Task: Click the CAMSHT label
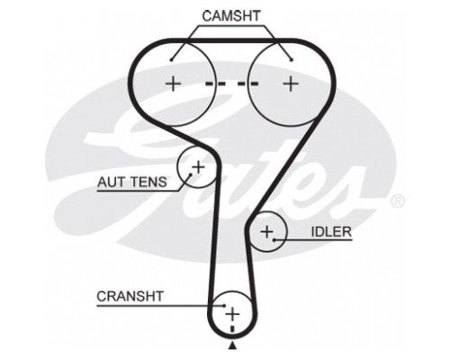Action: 231,16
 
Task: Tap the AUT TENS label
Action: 132,182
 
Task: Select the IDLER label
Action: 331,232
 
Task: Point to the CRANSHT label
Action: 130,296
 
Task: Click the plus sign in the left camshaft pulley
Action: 174,84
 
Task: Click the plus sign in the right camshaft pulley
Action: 291,84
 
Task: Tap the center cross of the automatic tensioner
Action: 198,166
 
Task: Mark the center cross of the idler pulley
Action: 266,231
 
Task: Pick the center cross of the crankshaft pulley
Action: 232,314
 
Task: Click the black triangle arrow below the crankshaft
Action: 232,346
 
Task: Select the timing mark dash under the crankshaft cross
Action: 232,328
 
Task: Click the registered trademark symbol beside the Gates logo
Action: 398,202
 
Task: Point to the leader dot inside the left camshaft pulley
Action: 171,60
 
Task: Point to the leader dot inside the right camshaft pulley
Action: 292,60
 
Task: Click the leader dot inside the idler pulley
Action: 274,239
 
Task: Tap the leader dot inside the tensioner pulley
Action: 190,174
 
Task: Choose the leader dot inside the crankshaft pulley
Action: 224,306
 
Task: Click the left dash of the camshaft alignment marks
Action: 211,84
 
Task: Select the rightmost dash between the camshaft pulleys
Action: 252,84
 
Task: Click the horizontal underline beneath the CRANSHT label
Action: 160,306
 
